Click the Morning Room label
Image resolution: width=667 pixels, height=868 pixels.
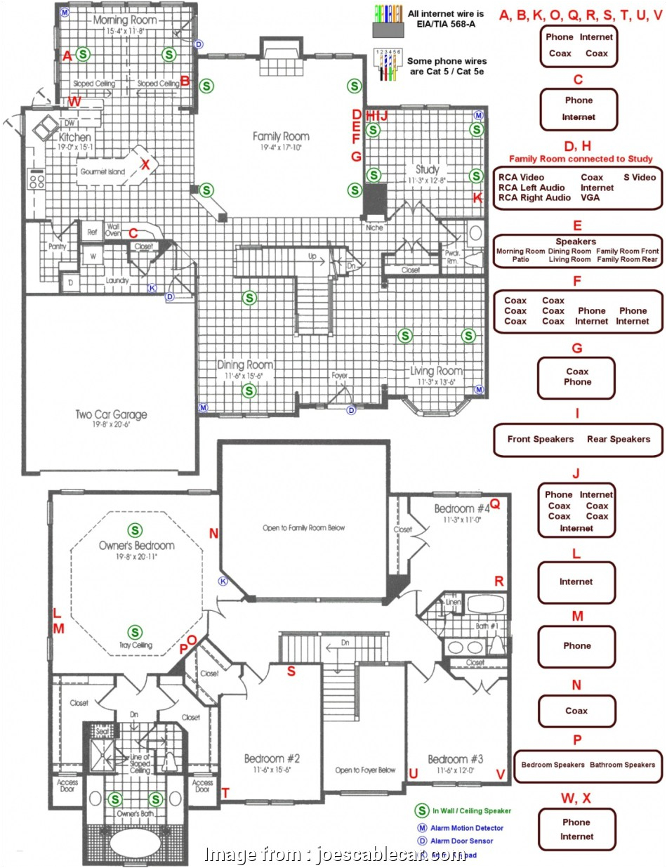point(125,20)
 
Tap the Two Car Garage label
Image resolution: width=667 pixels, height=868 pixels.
point(112,414)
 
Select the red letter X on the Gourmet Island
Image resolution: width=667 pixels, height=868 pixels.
point(145,164)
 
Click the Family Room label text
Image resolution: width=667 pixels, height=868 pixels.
point(281,136)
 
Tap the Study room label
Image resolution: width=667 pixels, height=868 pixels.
point(427,169)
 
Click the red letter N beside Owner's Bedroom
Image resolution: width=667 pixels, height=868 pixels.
point(213,534)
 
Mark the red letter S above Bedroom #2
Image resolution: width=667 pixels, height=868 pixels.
point(291,671)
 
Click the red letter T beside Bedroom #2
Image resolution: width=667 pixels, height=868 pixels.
point(225,793)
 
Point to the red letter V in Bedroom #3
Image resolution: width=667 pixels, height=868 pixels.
point(501,773)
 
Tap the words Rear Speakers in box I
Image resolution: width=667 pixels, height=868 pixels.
point(619,439)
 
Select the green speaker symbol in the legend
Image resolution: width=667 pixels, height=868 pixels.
point(422,810)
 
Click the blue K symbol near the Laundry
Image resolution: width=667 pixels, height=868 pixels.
point(152,287)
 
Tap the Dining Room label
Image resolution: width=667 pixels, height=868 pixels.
point(245,365)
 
